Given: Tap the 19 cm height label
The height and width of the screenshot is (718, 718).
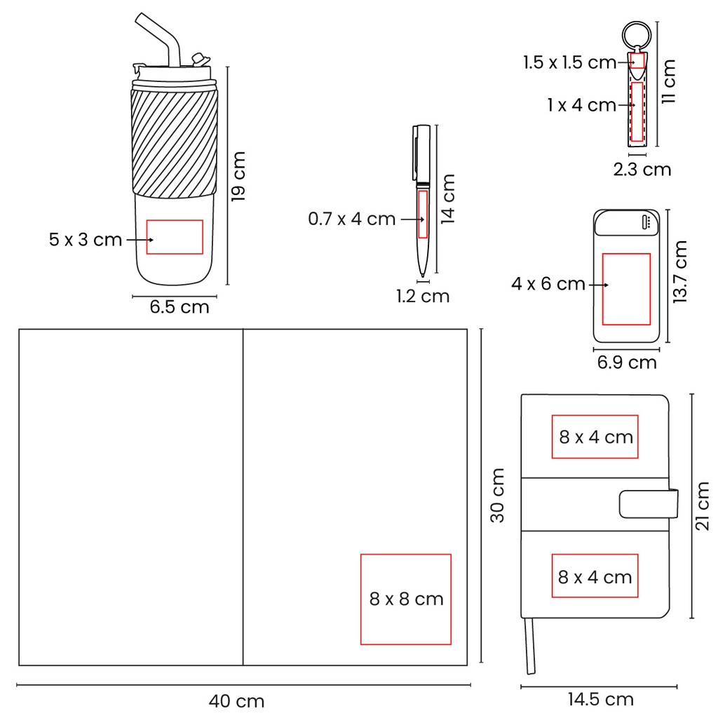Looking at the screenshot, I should (239, 176).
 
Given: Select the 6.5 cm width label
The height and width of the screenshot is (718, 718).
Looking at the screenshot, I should (179, 306).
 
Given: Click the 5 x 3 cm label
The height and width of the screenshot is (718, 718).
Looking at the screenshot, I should (86, 240).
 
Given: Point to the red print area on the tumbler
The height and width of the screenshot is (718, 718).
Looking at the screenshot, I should (175, 236).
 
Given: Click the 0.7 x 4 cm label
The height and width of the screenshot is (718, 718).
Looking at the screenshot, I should (352, 219).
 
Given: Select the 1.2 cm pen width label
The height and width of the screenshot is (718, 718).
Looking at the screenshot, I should (423, 296).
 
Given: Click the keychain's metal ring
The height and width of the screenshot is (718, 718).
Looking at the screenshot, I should (637, 35).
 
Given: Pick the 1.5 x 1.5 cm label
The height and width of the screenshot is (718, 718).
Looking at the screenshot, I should (569, 62).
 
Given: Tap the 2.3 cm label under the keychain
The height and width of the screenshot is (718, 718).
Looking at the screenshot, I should (642, 169).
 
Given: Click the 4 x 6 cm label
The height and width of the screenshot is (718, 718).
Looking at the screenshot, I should (548, 284).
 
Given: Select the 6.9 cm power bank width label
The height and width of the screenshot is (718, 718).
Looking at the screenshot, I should (627, 362).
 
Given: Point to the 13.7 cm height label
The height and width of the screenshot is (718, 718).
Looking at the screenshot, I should (679, 271).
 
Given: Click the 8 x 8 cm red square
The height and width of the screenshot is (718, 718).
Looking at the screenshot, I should (406, 599).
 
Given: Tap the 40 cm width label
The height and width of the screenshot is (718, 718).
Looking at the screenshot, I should (236, 700).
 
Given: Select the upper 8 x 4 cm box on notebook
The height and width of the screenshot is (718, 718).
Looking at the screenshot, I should (595, 437).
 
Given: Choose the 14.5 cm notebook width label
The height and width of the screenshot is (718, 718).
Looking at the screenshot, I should (600, 699).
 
